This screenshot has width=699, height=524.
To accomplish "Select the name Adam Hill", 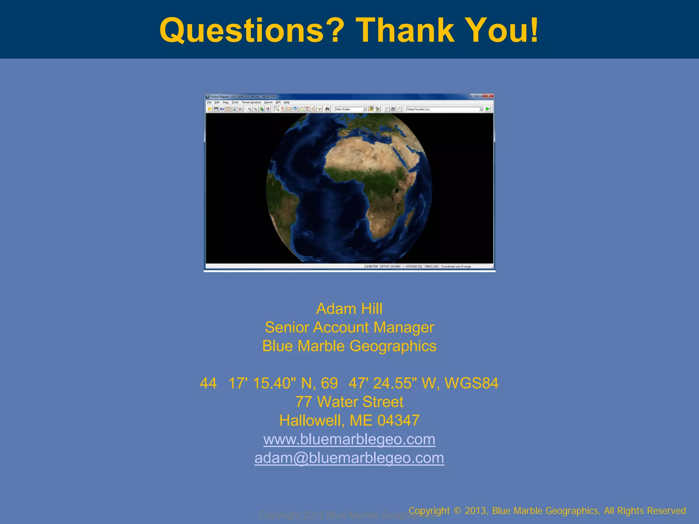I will pos(349,309).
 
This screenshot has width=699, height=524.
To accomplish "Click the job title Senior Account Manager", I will pos(349,327).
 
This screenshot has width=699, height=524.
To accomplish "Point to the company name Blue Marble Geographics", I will pos(349,346).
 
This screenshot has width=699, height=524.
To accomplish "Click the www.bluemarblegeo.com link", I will pos(349,439).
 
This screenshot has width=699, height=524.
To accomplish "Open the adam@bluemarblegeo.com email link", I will pos(349,458).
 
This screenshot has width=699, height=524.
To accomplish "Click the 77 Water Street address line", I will pos(349,402).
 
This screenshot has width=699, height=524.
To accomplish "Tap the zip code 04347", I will pos(398,421).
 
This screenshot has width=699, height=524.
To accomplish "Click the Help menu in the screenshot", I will pos(287,102).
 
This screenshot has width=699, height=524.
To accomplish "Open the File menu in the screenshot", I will pos(209,102).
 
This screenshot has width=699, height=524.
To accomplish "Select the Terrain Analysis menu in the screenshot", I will pos(251,102).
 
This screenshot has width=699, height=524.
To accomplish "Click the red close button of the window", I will pos(489,96).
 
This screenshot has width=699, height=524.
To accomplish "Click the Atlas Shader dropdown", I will pos(351,109).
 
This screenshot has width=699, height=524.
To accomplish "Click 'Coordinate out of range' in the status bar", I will pos(456,266).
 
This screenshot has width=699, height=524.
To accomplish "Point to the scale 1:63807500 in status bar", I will pos(371,266).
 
